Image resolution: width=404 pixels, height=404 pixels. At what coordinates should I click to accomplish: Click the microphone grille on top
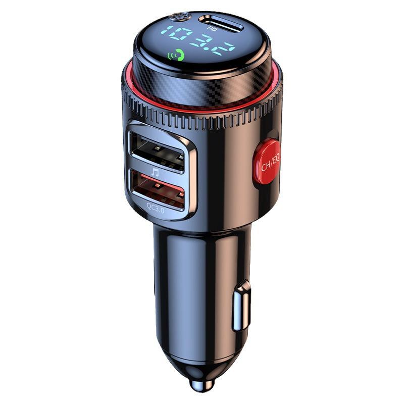pyautogui.click(x=175, y=17)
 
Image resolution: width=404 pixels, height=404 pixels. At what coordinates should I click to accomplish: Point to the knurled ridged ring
pyautogui.click(x=202, y=117)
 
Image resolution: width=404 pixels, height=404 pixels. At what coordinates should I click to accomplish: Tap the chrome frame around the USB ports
pyautogui.click(x=192, y=167)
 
